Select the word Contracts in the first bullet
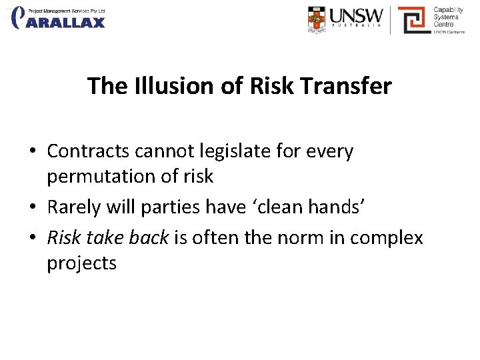[x=88, y=151]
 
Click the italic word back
[x=147, y=237]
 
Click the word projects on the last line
[x=81, y=263]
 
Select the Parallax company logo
[x=59, y=18]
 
